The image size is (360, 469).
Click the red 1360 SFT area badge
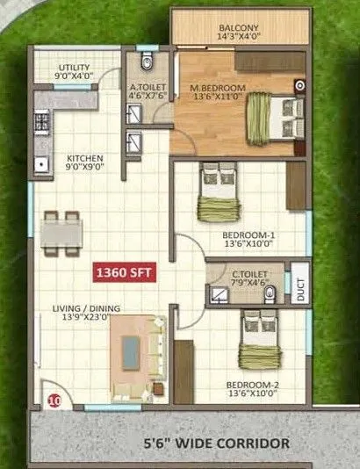125,273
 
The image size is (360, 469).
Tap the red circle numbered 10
54,401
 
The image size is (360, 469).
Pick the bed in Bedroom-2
258,342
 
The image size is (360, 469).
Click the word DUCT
300,291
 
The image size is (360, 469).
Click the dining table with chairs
61,233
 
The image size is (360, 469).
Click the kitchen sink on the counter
40,162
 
